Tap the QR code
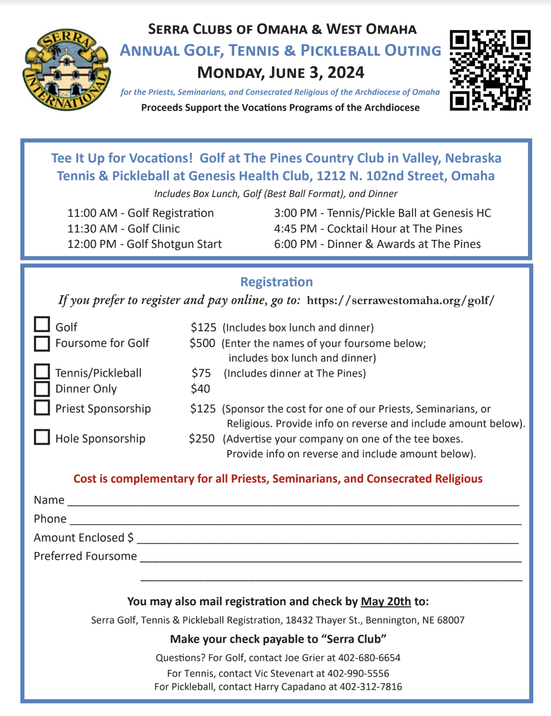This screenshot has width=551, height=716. [490, 70]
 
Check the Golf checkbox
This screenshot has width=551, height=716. [42, 324]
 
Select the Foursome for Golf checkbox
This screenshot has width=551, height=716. [42, 343]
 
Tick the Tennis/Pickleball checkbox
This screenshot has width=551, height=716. [42, 372]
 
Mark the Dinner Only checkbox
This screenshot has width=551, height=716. [42, 388]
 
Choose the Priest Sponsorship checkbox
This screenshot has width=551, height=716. [42, 408]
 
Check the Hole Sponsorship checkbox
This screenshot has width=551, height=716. [42, 437]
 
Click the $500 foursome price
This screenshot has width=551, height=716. [202, 343]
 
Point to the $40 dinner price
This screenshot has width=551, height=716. [200, 389]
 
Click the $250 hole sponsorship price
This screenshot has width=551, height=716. [202, 439]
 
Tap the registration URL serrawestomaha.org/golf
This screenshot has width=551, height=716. [400, 300]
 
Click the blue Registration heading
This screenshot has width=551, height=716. [276, 282]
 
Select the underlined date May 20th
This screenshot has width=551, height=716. [386, 602]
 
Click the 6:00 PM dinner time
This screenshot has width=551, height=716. [295, 244]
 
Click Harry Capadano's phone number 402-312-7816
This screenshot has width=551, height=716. [371, 687]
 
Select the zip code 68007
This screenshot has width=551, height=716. [451, 620]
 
